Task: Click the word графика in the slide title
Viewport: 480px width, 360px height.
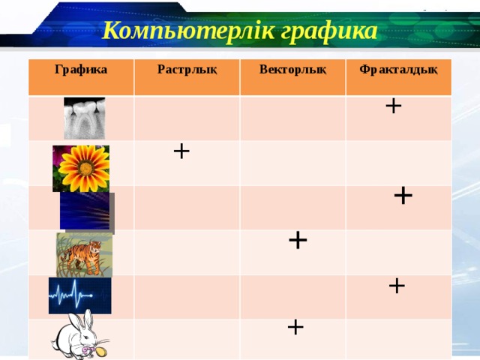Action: [326, 31]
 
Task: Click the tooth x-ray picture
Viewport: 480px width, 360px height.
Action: [84, 118]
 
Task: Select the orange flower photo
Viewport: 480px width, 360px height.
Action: [81, 167]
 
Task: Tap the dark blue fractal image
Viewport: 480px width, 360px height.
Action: [85, 211]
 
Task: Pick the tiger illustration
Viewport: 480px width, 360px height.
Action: [83, 254]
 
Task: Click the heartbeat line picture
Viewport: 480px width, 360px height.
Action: [79, 295]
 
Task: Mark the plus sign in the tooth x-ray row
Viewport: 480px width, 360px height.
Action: [393, 106]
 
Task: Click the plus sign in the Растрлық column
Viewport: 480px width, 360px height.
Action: [181, 151]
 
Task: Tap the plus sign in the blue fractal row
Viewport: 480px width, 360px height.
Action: [403, 195]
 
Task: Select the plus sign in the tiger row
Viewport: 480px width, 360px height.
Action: [298, 240]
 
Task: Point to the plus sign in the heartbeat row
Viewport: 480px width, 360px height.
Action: [397, 285]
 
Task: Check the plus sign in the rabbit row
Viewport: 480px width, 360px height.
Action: [295, 327]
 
